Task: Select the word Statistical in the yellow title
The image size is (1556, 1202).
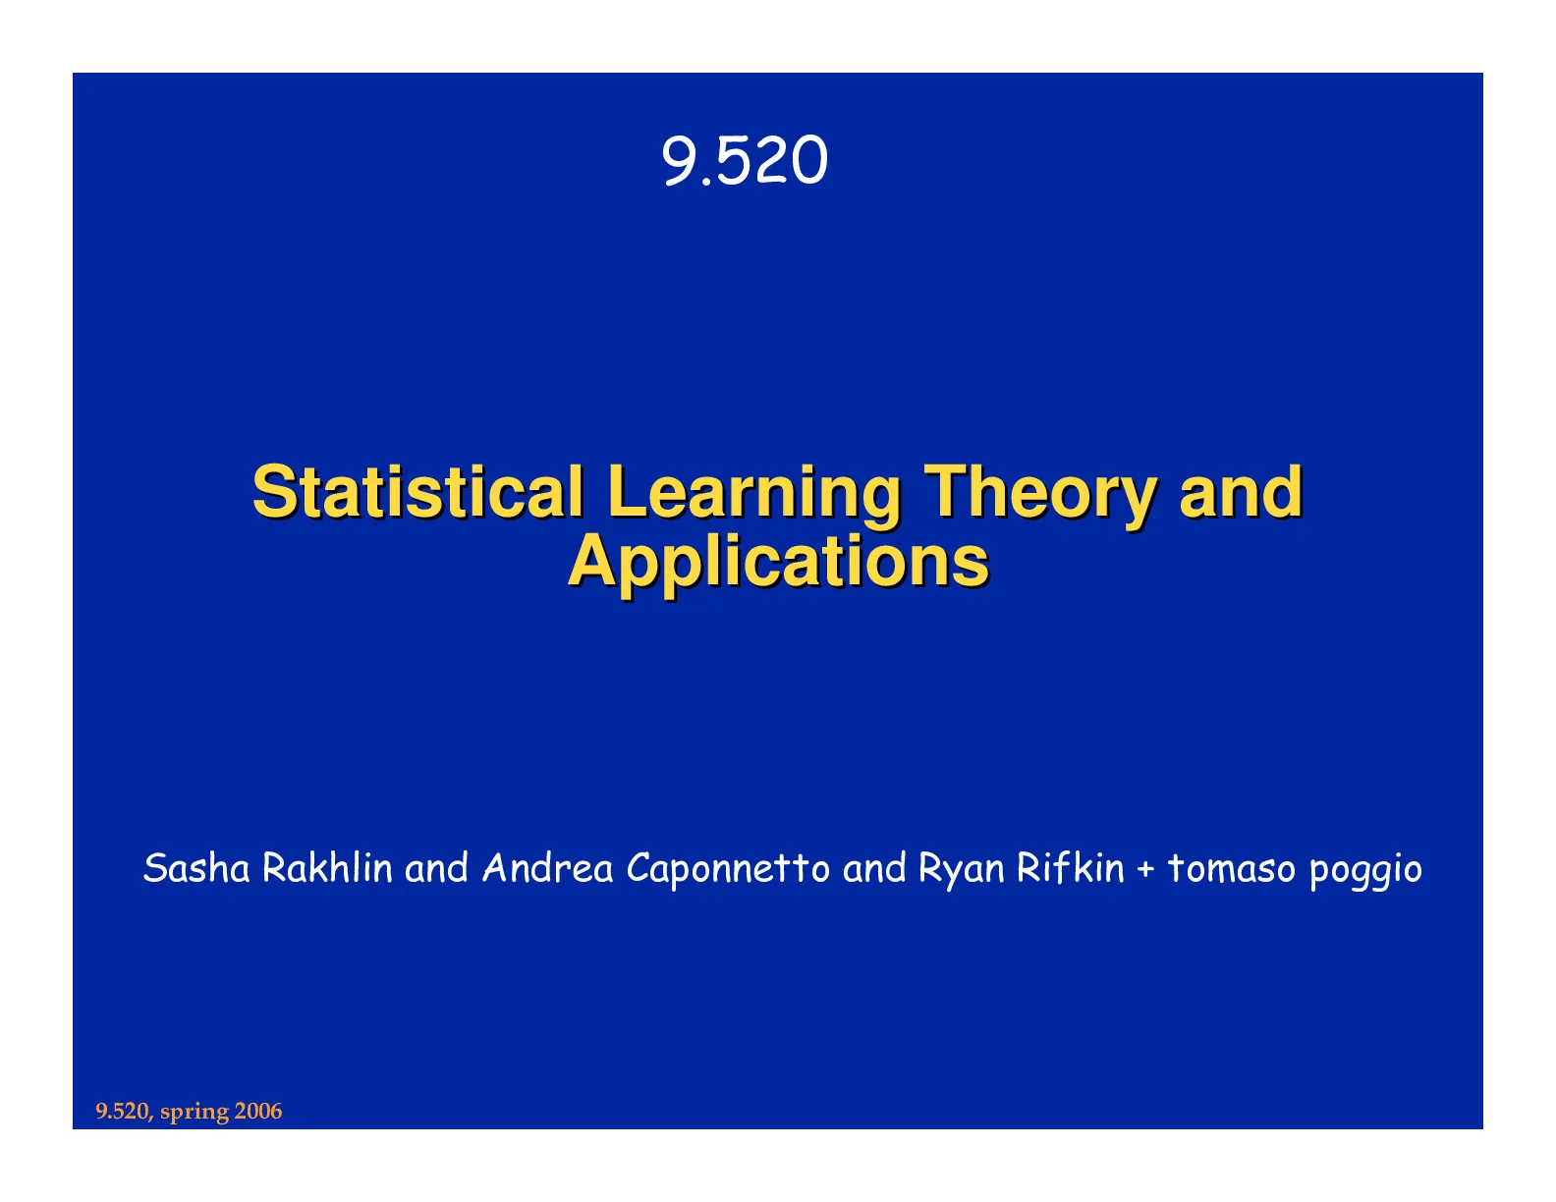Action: (x=417, y=492)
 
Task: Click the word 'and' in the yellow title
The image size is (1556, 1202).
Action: (x=1241, y=492)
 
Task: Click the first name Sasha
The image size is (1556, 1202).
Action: (x=196, y=868)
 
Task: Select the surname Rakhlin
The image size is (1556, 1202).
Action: (x=327, y=868)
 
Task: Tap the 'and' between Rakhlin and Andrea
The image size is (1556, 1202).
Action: (x=436, y=868)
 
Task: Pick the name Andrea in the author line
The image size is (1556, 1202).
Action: (x=548, y=868)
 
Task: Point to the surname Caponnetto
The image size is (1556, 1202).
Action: (x=728, y=868)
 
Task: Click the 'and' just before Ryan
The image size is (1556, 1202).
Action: (x=874, y=868)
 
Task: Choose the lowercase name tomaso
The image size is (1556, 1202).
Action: (x=1232, y=869)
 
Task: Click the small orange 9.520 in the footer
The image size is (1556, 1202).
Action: (x=124, y=1111)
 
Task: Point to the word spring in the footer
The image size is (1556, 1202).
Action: (x=194, y=1113)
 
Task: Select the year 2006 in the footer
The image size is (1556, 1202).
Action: (x=258, y=1111)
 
